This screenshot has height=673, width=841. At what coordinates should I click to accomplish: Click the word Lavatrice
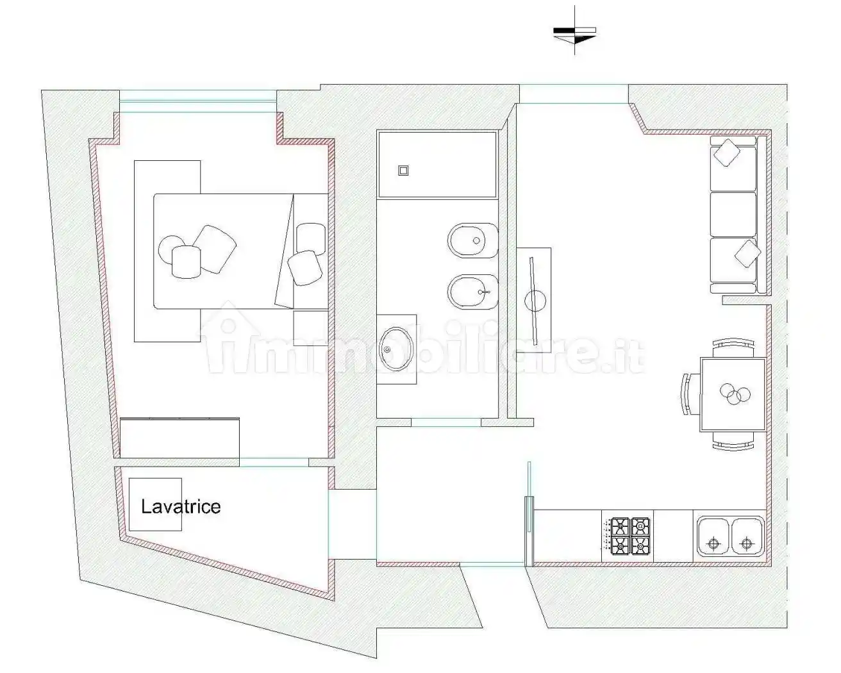[181, 507]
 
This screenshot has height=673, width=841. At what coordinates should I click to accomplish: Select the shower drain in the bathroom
[403, 170]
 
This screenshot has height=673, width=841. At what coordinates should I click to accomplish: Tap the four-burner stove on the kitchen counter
[628, 536]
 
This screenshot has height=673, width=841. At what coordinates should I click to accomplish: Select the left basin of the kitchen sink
[712, 536]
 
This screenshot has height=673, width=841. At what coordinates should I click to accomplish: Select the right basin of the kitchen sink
[746, 536]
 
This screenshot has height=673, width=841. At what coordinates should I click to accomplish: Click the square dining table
[733, 394]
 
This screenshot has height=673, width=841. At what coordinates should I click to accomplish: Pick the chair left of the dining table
[688, 394]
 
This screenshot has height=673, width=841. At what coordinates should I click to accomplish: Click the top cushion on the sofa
[728, 153]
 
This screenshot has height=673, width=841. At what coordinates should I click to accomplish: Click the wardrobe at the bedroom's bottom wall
[179, 438]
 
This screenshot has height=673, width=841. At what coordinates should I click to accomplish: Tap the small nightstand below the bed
[310, 328]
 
